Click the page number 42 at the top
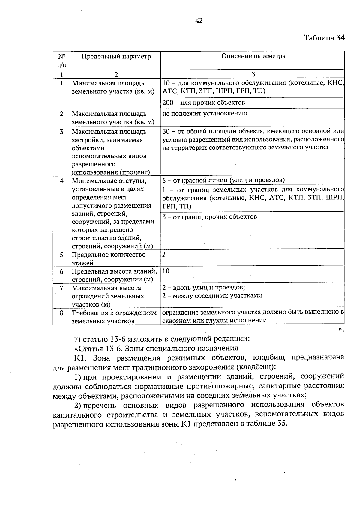click(x=199, y=21)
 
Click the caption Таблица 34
click(x=324, y=38)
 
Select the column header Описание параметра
click(x=253, y=56)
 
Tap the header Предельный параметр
click(x=116, y=56)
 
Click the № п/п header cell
click(x=61, y=60)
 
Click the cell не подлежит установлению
click(x=205, y=114)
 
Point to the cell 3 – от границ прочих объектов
click(x=209, y=217)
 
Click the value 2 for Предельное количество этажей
click(x=164, y=255)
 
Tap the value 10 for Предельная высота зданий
click(x=166, y=271)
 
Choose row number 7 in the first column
click(x=61, y=288)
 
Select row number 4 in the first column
click(x=61, y=181)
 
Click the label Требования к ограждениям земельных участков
click(x=114, y=317)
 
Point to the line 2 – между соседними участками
click(x=212, y=296)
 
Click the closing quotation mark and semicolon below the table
click(x=341, y=329)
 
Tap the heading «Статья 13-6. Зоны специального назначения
click(x=156, y=348)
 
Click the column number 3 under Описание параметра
click(x=253, y=74)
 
